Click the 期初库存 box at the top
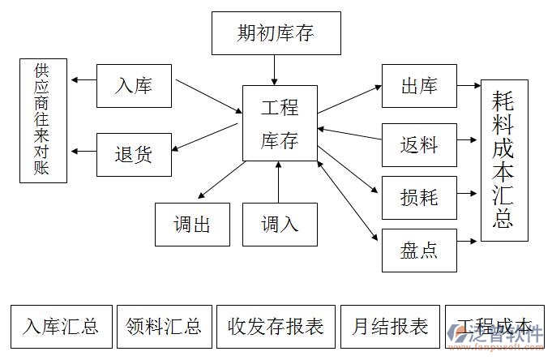click(276, 34)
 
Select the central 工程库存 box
click(280, 123)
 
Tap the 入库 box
click(134, 85)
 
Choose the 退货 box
click(134, 154)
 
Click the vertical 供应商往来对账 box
click(44, 120)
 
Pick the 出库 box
click(419, 86)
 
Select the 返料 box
click(419, 145)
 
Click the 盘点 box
click(419, 250)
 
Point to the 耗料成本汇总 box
click(503, 161)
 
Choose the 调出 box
click(192, 224)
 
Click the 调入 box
click(280, 224)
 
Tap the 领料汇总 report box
click(165, 326)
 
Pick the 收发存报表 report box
click(276, 326)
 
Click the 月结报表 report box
click(390, 326)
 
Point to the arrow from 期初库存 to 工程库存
click(276, 70)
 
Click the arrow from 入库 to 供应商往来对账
click(83, 79)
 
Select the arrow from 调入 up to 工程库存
click(279, 182)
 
